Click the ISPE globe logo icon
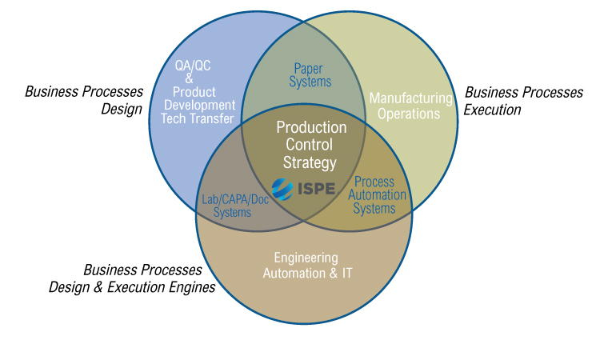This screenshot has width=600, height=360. [282, 189]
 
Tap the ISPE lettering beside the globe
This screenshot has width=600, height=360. [317, 189]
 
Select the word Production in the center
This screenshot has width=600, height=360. [311, 127]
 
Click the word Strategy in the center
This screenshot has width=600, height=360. [310, 162]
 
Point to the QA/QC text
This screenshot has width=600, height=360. [193, 66]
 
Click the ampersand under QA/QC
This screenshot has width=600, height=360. [189, 78]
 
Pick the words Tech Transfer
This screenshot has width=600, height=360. [198, 118]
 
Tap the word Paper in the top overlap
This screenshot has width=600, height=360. [309, 69]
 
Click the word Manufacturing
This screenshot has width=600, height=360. [411, 98]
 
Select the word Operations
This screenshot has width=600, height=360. [409, 114]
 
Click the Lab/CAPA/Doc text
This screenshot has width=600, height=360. [235, 199]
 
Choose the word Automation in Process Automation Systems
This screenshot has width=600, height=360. [377, 194]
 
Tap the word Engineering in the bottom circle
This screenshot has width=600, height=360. [306, 258]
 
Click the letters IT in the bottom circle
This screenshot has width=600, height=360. [346, 273]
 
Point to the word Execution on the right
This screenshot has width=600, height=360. [493, 110]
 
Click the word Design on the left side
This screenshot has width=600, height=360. [122, 110]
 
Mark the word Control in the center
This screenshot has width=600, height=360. [309, 145]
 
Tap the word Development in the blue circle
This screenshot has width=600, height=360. [200, 106]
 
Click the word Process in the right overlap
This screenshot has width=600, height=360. [374, 182]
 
